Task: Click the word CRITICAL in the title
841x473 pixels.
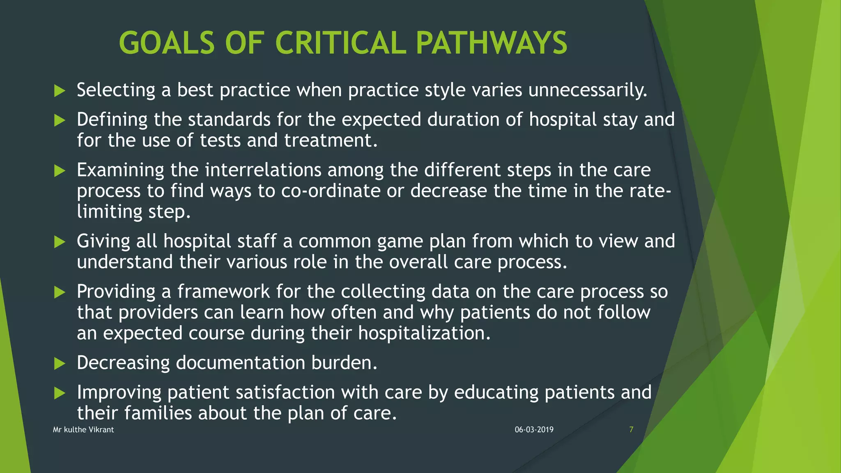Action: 340,43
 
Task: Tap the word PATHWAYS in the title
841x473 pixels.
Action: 491,43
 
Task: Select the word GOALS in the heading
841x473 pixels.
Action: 167,43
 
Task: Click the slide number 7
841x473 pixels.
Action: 631,429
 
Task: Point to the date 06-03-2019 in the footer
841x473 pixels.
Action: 534,429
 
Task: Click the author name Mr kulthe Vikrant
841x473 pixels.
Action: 83,429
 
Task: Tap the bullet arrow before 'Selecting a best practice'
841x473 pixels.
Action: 60,91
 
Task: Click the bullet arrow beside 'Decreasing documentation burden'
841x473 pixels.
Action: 60,363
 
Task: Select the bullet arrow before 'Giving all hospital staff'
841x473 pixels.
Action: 60,242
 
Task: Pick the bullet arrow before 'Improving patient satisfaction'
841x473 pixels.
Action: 60,393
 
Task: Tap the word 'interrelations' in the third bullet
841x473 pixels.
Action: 263,170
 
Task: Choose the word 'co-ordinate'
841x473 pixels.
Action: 331,191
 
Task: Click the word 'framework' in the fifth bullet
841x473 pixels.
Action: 223,292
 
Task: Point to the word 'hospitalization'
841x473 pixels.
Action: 424,333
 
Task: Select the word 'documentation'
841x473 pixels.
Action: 240,363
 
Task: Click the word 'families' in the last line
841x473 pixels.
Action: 158,413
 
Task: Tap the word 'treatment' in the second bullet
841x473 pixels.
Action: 331,140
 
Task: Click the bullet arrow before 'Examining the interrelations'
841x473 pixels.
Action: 60,171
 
